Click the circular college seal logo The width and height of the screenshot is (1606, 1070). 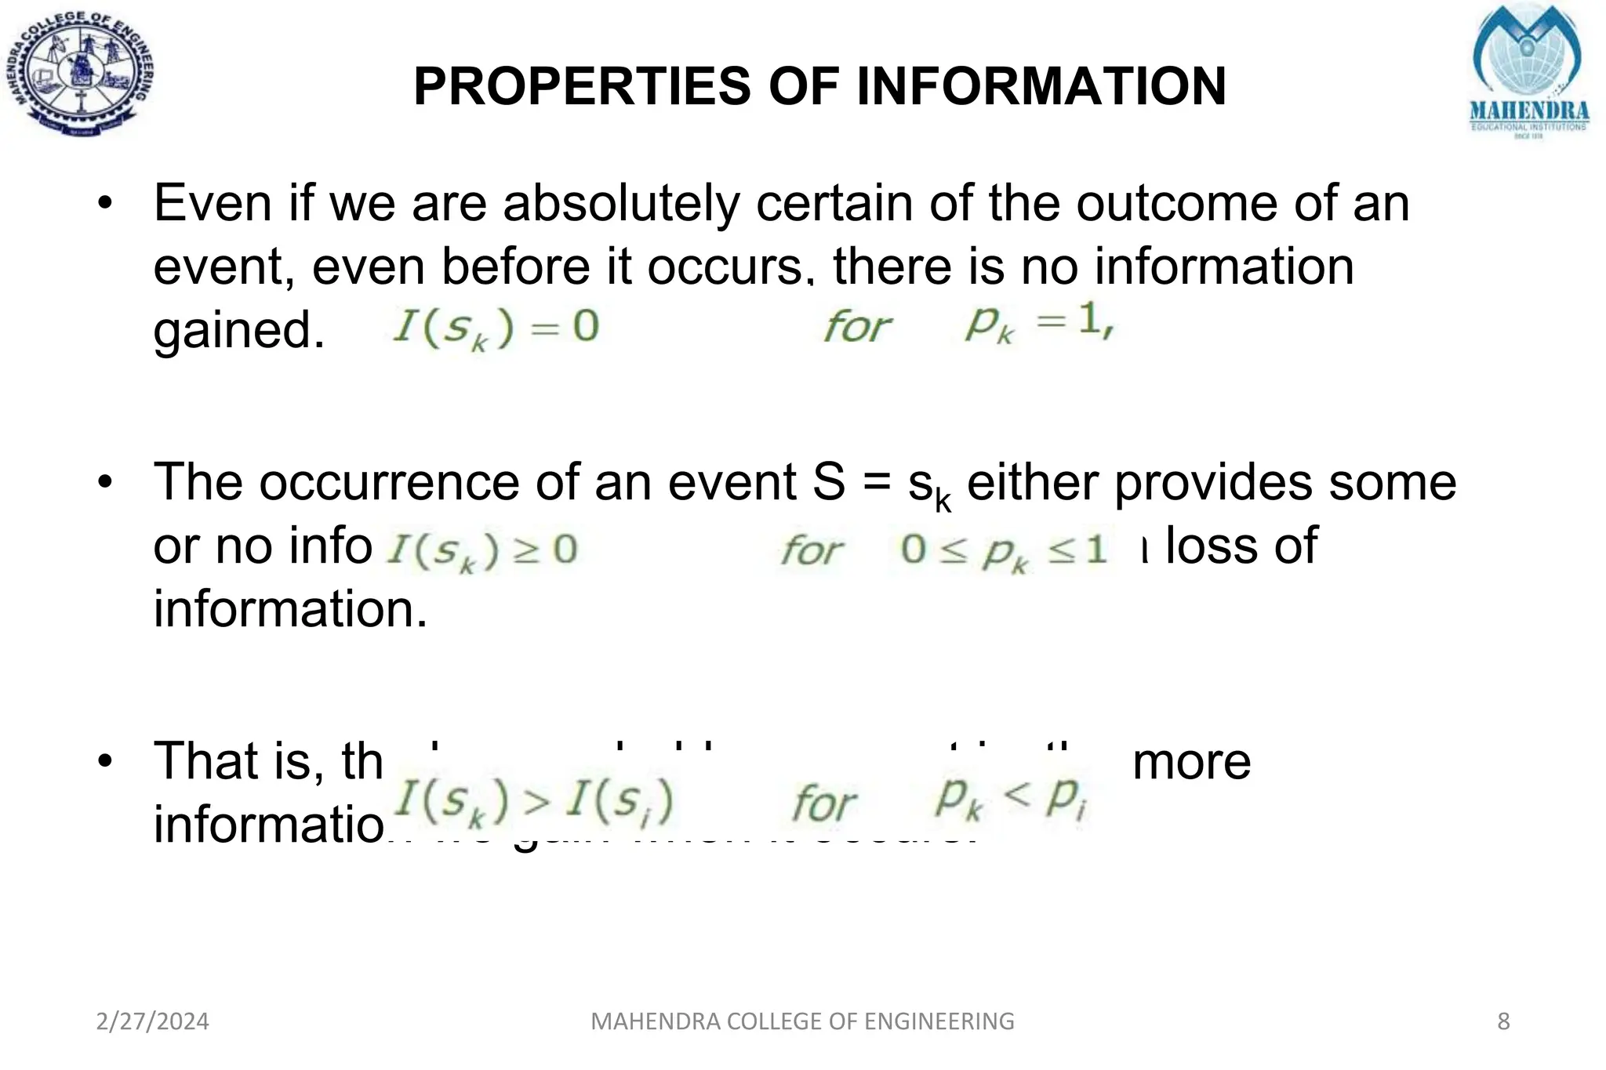coord(80,74)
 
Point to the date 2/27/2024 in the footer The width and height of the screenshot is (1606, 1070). coord(152,1021)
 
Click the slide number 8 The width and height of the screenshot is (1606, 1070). coord(1503,1021)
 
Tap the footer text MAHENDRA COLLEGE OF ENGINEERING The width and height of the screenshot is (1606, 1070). coord(802,1021)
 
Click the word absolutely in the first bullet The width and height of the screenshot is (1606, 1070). coord(620,203)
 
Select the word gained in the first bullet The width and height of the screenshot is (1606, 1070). coord(238,330)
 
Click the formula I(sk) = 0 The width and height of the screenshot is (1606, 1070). coord(496,328)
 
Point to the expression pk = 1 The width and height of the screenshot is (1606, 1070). coord(1038,323)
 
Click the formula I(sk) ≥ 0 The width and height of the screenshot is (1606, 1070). coord(482,551)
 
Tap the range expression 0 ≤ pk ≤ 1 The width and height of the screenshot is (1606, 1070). coord(1004,551)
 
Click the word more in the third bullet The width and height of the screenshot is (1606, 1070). coord(1192,761)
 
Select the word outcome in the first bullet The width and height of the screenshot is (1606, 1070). coord(1175,203)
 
